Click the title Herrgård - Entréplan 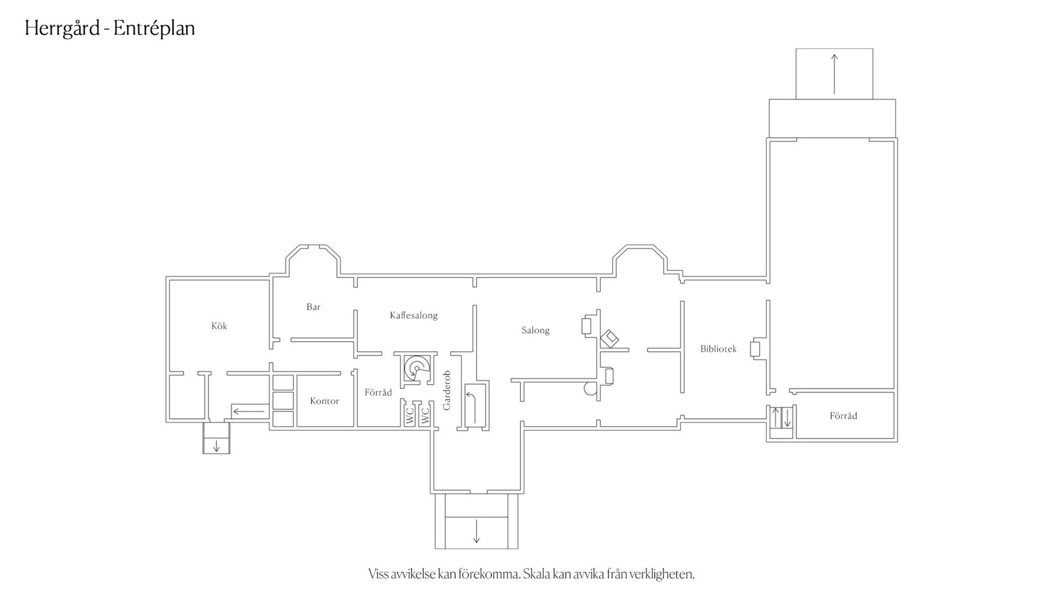click(x=110, y=29)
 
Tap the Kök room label click(x=219, y=326)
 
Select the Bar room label click(x=314, y=307)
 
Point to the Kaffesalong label click(x=413, y=315)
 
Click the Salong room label click(x=535, y=331)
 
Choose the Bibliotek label click(x=718, y=349)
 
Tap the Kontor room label click(x=324, y=401)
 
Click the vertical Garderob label click(x=447, y=390)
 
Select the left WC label click(x=410, y=416)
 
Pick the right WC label click(x=425, y=416)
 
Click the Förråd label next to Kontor click(x=378, y=393)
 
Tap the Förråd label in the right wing click(x=843, y=416)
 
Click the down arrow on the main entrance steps click(x=476, y=532)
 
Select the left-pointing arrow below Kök click(x=249, y=411)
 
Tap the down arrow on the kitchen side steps click(x=216, y=446)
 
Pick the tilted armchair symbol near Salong click(x=610, y=338)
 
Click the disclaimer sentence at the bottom click(x=531, y=574)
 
